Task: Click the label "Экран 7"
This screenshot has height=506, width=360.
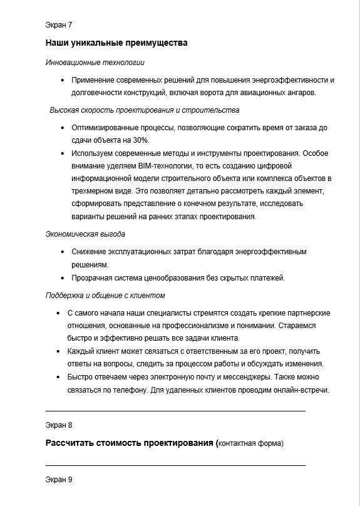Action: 59,25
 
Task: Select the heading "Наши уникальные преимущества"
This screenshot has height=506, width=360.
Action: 116,43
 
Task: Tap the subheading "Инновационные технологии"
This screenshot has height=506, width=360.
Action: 95,63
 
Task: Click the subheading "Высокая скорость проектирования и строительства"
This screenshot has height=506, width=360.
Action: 144,110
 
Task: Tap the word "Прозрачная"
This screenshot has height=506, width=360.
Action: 91,278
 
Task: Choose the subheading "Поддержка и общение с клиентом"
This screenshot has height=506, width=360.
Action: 105,296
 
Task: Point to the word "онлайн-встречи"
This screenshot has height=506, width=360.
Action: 301,390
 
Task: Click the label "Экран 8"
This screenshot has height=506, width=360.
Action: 59,425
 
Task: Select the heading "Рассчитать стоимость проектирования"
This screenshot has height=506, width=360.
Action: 130,443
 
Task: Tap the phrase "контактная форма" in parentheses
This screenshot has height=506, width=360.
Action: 250,444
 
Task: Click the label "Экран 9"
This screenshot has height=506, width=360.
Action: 59,480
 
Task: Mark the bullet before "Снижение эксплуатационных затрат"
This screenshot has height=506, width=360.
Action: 63,252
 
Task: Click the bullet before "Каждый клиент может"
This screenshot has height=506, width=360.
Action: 58,351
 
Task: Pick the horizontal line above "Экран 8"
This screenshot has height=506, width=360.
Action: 175,411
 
